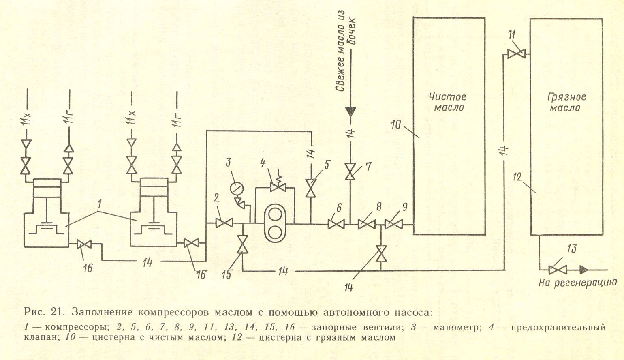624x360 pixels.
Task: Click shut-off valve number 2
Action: pos(224,223)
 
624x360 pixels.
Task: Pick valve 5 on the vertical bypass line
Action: pos(311,189)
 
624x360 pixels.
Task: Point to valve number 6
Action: pos(336,224)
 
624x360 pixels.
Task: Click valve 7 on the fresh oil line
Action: pos(350,172)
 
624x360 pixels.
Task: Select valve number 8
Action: pos(367,224)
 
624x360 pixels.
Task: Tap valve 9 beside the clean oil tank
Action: pos(393,224)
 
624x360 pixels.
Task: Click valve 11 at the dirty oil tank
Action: pos(516,54)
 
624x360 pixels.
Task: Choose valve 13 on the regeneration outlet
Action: pos(558,270)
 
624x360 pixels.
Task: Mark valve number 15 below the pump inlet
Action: pos(243,244)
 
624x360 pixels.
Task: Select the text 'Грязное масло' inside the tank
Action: pos(567,102)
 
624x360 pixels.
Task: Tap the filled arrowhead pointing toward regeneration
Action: pos(584,270)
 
